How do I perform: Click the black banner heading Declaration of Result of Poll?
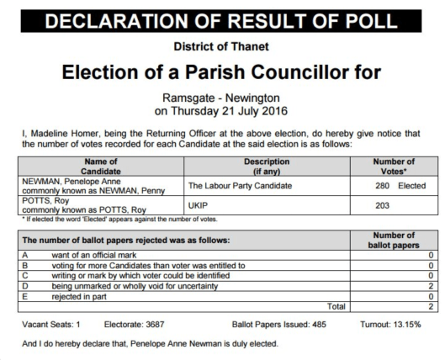pos(222,16)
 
